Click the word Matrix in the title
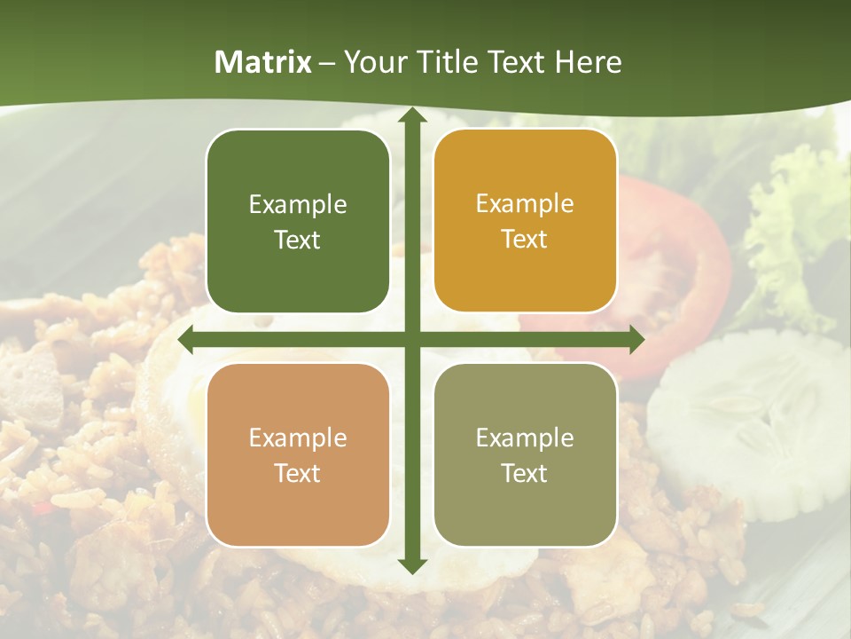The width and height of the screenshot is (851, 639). pos(263,62)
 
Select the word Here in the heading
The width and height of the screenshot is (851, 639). pos(589,62)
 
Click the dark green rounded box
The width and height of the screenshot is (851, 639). pos(298,222)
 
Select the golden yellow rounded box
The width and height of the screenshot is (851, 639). pos(525,222)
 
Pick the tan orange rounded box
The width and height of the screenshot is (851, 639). pos(298,454)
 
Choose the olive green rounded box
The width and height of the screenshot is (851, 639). pos(525,454)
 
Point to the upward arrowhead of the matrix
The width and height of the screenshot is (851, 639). pos(411,115)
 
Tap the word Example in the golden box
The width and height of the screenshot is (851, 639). pos(525,204)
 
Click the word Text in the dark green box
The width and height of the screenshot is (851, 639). pos(298,241)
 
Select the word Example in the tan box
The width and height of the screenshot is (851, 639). pos(298,438)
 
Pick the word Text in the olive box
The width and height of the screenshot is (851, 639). pos(525,473)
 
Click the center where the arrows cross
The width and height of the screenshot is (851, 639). pos(411,340)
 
